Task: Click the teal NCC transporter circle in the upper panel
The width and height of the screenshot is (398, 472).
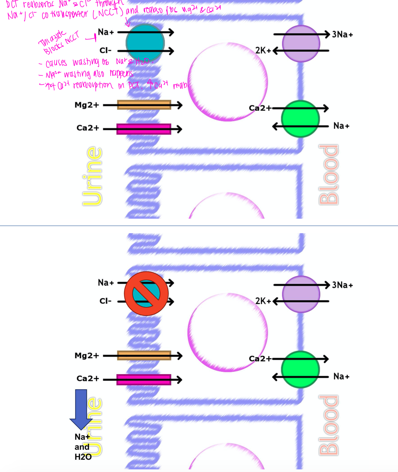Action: click(x=145, y=43)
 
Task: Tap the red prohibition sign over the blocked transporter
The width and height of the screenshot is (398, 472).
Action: click(x=146, y=293)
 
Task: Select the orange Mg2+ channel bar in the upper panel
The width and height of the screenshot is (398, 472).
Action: click(x=144, y=105)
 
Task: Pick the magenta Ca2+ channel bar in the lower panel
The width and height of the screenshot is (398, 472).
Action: click(x=144, y=380)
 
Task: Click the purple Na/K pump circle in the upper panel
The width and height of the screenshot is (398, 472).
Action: click(x=301, y=43)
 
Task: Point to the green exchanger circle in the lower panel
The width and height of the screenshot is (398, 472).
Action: click(x=300, y=369)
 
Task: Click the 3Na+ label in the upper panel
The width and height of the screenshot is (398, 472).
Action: click(x=342, y=34)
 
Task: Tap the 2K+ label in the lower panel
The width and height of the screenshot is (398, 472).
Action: click(x=263, y=301)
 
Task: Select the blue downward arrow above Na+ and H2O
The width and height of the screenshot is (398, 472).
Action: click(x=81, y=409)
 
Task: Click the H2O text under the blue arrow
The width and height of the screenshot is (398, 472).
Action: click(x=83, y=457)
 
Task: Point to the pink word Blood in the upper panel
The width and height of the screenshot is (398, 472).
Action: click(x=328, y=175)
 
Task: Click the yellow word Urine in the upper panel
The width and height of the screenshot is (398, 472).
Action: click(x=92, y=176)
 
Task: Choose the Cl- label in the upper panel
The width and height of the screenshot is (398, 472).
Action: click(x=105, y=50)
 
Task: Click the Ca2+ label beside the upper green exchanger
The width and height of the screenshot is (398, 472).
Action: click(x=260, y=108)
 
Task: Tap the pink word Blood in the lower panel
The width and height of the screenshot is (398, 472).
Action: click(x=328, y=425)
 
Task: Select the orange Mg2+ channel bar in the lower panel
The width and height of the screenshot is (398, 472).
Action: click(x=144, y=355)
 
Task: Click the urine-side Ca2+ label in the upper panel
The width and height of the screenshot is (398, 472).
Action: click(x=88, y=128)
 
